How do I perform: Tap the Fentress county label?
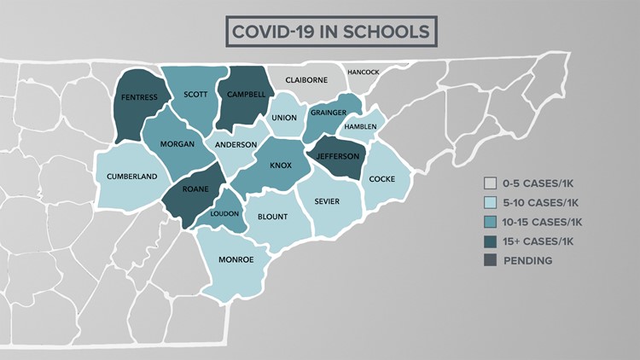tap(140, 97)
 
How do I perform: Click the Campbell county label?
tap(245, 93)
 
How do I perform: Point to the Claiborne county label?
tap(305, 80)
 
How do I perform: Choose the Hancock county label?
tap(363, 73)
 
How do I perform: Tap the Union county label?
tap(284, 118)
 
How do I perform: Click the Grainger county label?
tap(329, 112)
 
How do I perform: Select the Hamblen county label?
tap(360, 127)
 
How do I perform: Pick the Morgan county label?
tap(177, 143)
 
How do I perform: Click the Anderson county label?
tap(236, 145)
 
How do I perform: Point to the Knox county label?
tap(280, 165)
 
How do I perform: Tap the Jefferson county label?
tap(338, 157)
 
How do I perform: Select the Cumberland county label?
tap(131, 176)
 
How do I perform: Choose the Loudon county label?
tap(225, 214)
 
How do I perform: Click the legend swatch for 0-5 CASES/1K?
tap(490, 183)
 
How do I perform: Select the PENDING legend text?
tap(527, 260)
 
